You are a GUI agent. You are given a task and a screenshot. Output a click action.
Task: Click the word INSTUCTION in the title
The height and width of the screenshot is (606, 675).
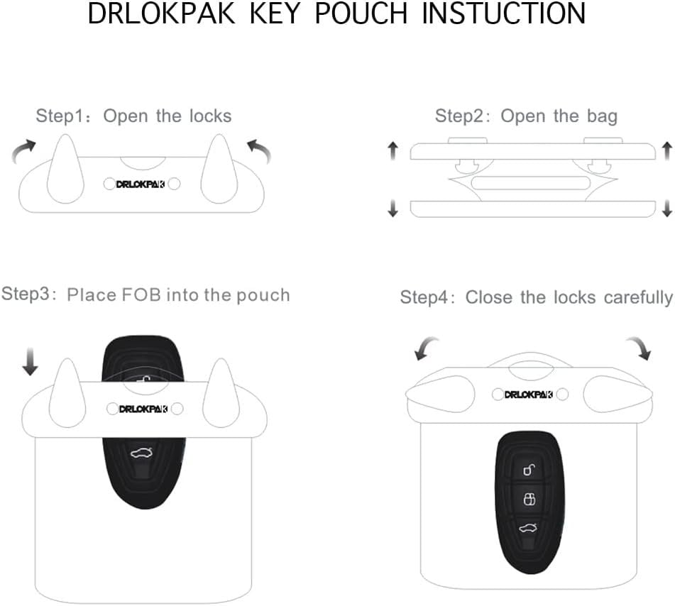click(x=504, y=13)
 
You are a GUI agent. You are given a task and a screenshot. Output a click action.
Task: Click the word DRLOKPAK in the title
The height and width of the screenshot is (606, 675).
click(x=161, y=13)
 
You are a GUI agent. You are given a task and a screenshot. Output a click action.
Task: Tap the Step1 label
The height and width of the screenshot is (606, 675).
click(x=60, y=116)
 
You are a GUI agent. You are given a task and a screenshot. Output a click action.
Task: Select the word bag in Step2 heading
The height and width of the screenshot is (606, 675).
click(x=602, y=116)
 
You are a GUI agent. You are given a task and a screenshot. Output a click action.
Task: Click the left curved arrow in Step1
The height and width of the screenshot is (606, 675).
click(x=23, y=150)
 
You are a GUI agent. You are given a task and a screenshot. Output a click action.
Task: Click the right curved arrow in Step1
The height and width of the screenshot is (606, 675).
click(x=259, y=150)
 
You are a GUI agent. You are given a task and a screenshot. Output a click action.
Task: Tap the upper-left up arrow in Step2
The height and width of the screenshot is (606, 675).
click(x=393, y=151)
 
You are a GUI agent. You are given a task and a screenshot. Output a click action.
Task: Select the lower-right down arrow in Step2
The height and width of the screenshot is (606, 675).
click(x=667, y=209)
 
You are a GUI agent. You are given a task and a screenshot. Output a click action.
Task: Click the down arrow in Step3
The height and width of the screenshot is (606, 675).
click(x=30, y=362)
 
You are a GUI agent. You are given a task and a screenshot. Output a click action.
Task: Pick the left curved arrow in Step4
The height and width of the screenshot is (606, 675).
click(x=425, y=348)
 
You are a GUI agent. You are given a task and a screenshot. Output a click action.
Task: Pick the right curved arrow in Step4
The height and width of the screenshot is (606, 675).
click(x=639, y=348)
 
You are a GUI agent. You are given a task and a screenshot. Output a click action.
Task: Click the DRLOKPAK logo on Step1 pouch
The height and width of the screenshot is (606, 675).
click(x=141, y=184)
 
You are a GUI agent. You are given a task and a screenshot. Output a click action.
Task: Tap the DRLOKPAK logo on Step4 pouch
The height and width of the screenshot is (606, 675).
click(x=528, y=395)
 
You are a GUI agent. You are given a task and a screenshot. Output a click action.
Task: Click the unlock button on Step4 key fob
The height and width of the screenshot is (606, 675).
click(x=529, y=470)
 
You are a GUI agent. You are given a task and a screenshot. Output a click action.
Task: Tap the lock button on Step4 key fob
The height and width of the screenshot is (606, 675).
click(x=529, y=500)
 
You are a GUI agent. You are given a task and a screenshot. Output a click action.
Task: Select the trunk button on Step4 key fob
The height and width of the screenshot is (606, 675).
click(x=528, y=528)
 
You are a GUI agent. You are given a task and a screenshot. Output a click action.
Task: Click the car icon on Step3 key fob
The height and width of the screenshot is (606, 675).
click(x=142, y=453)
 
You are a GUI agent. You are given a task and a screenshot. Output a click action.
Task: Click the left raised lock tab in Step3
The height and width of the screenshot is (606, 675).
click(x=67, y=392)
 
